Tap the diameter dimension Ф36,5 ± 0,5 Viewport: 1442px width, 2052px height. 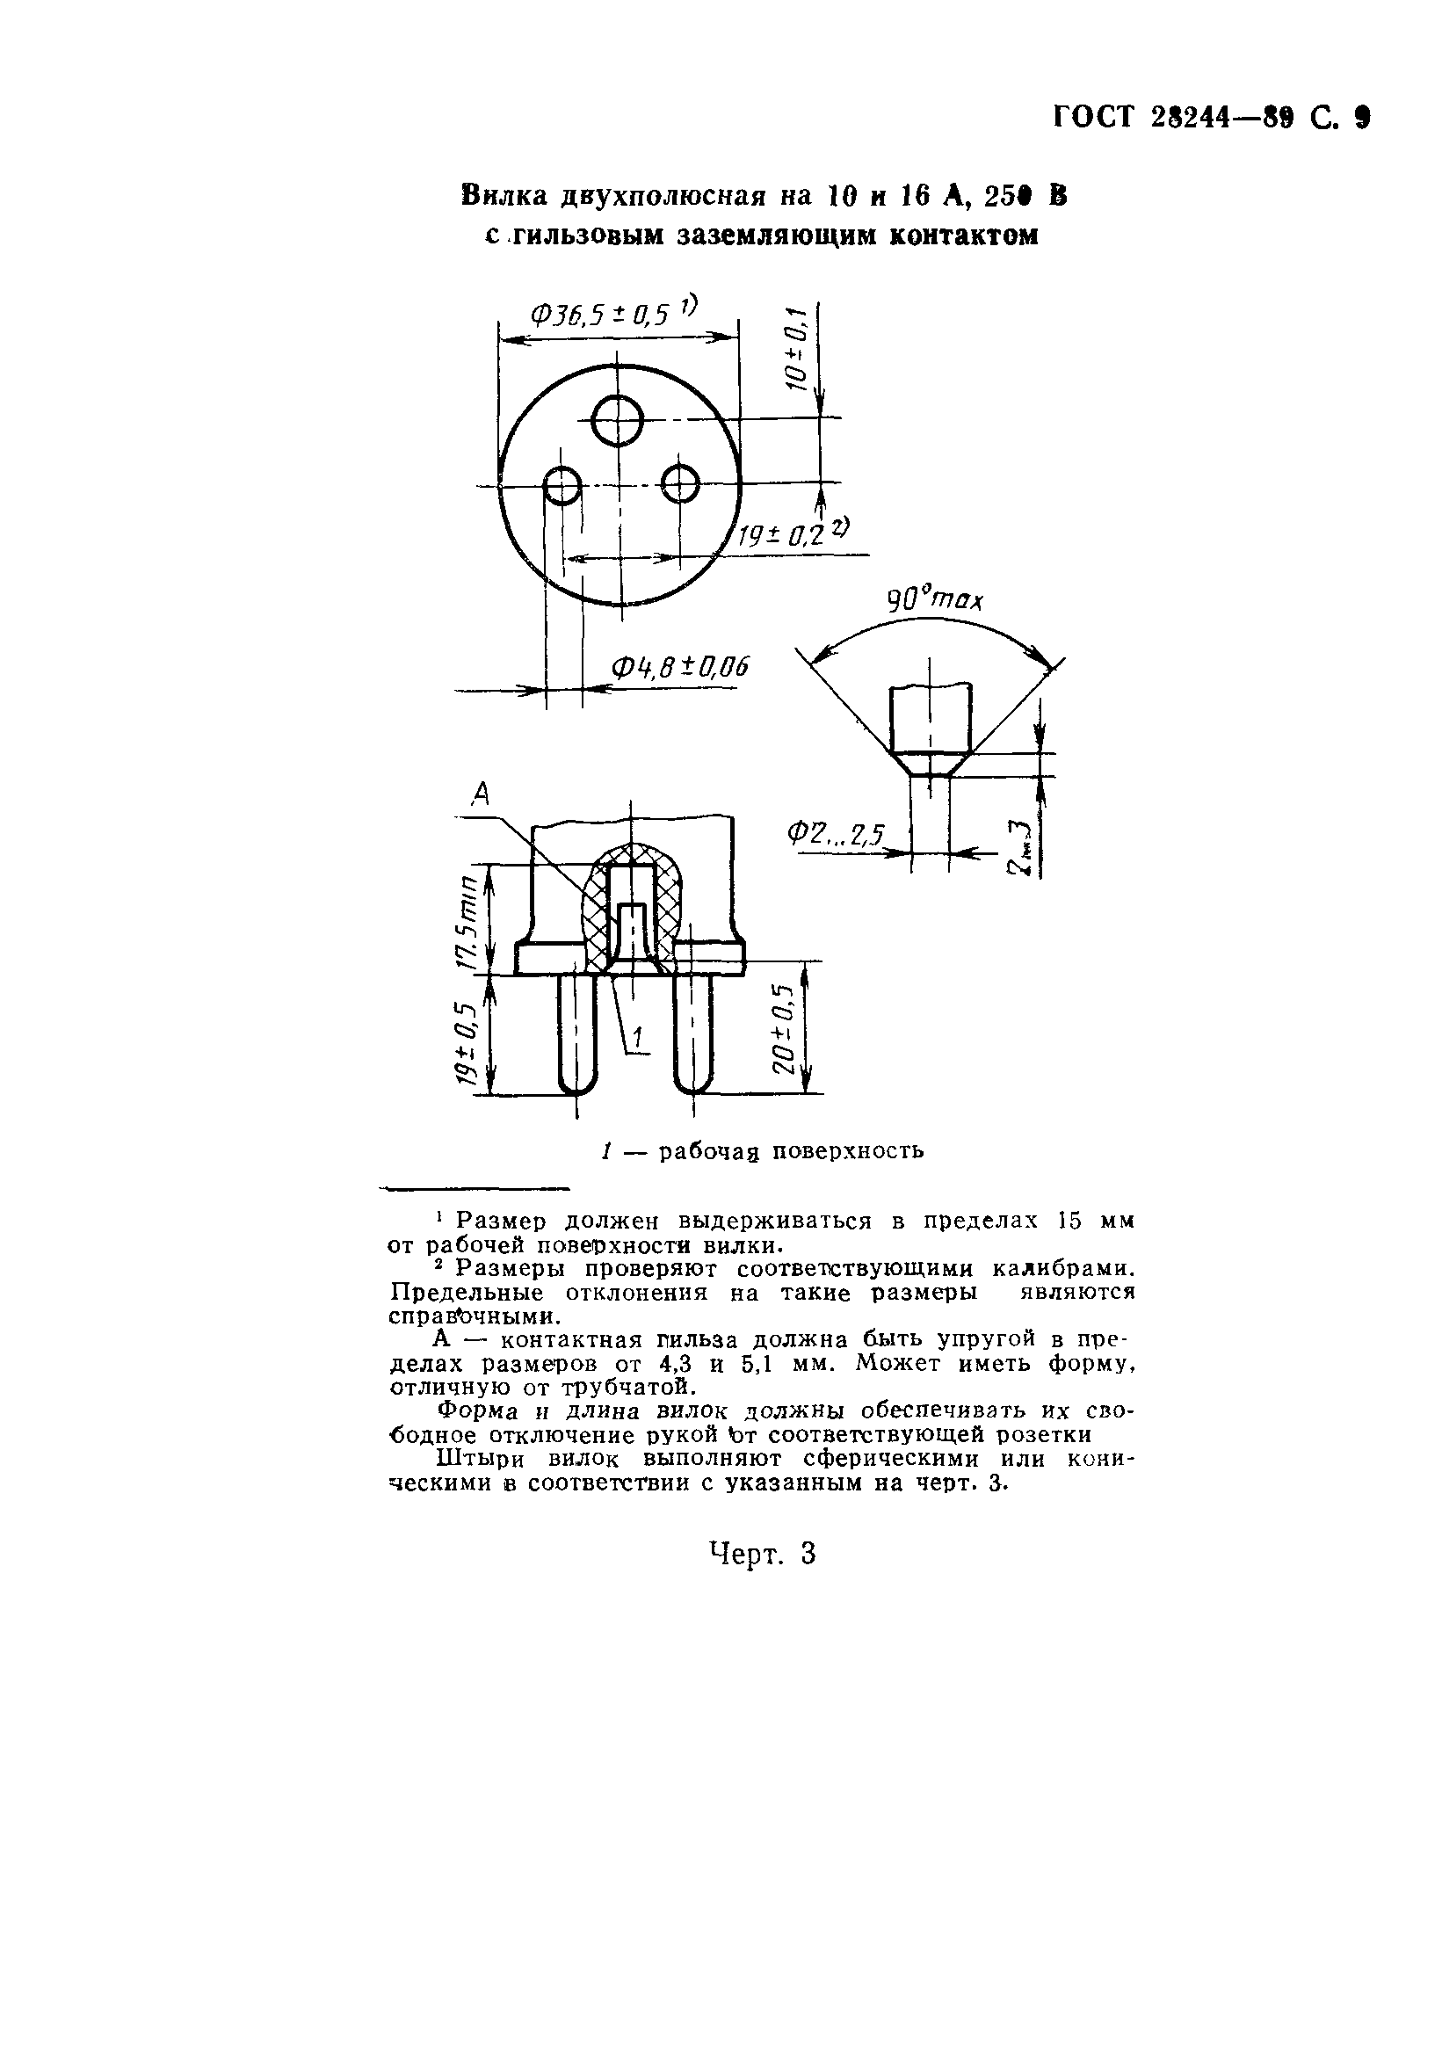pos(600,314)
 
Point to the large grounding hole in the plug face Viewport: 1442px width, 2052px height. pos(619,420)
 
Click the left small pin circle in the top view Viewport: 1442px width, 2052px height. pos(563,486)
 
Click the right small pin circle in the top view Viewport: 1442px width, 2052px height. pos(681,484)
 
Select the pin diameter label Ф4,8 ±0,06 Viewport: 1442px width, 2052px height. pos(679,667)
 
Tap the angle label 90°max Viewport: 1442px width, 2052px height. pos(934,598)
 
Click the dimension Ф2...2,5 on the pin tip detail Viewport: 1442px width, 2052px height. pos(835,835)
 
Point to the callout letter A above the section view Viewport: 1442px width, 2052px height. pos(482,794)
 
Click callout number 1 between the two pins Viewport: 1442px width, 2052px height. pos(638,1037)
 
